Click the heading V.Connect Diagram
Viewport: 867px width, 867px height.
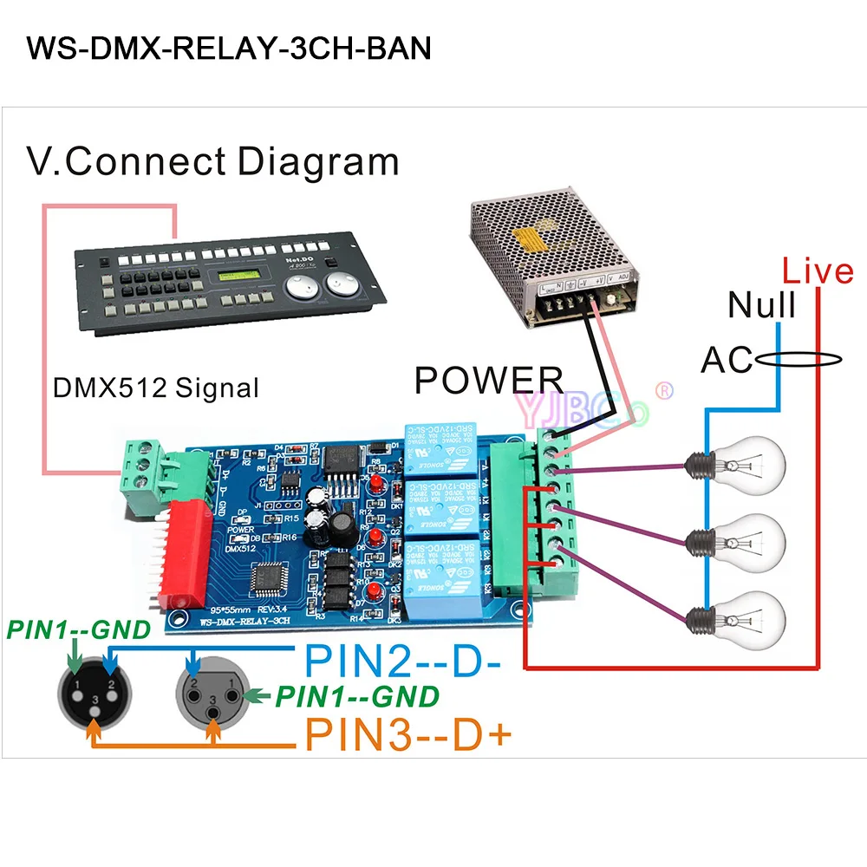coord(212,162)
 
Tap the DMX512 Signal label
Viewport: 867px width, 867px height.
coord(156,387)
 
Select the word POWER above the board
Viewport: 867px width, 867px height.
coord(489,381)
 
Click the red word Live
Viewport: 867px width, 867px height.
coord(817,271)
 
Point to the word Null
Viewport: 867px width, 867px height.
coord(762,305)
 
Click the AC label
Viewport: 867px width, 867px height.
coord(727,359)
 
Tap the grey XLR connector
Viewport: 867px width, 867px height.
coord(212,693)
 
